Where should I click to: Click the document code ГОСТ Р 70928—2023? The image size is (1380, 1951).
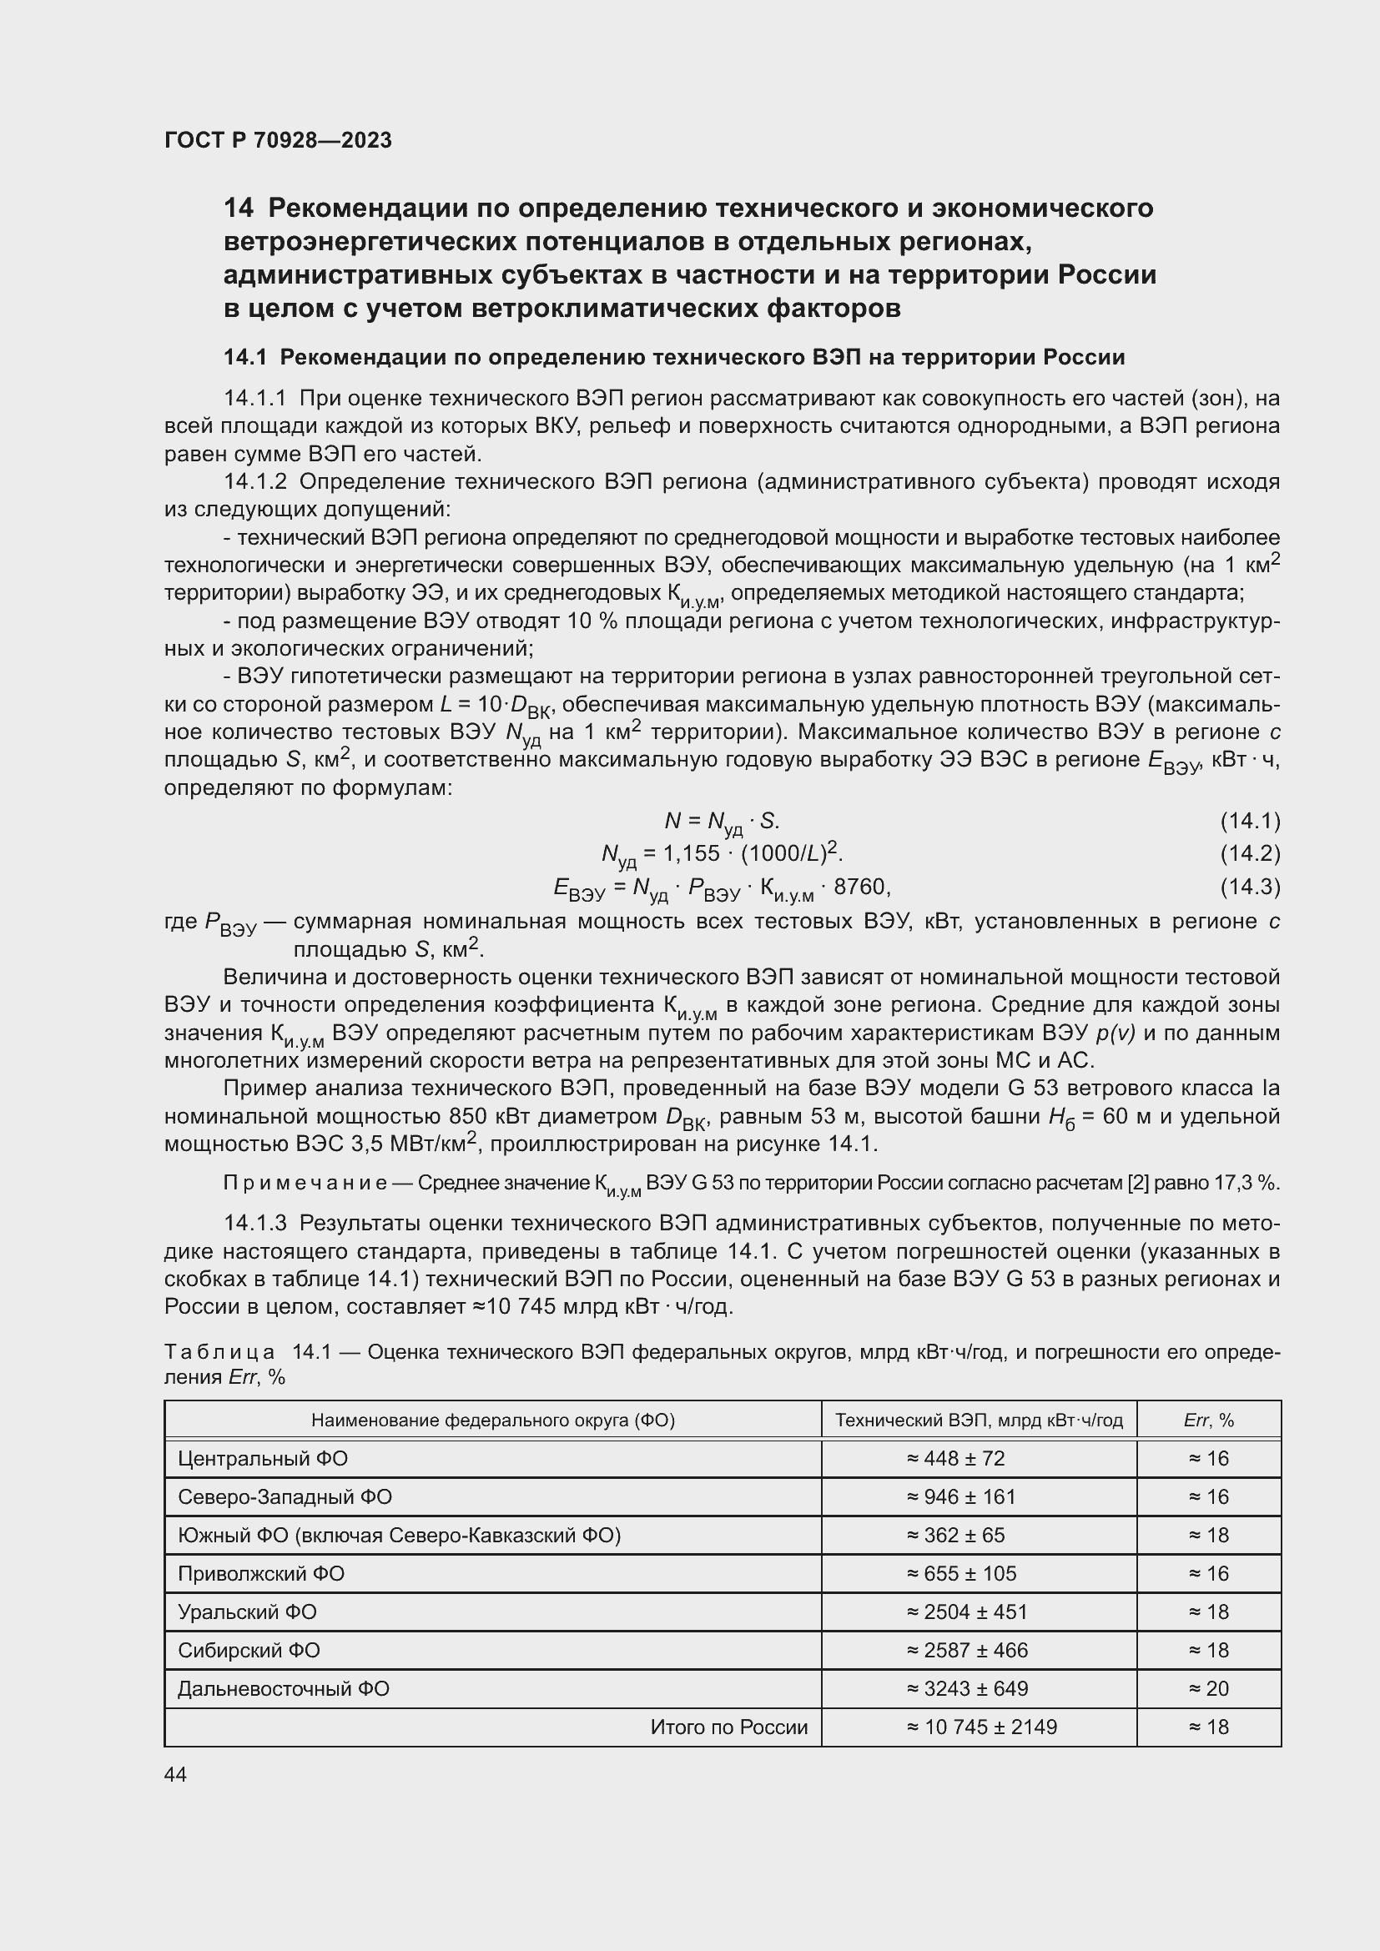click(278, 140)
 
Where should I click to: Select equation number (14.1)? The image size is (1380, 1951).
click(1250, 821)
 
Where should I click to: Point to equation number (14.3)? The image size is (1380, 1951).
click(1250, 888)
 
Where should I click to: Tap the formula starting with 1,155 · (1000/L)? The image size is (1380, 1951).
click(723, 853)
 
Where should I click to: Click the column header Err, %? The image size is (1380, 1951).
click(1208, 1420)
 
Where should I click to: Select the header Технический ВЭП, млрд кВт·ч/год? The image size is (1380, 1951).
click(979, 1420)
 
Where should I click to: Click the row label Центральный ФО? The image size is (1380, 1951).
click(263, 1459)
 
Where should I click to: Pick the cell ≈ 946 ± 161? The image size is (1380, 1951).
click(961, 1497)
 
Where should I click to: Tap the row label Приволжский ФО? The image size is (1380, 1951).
click(261, 1574)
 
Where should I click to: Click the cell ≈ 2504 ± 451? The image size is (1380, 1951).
click(967, 1612)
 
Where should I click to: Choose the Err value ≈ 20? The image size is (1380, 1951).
click(1208, 1688)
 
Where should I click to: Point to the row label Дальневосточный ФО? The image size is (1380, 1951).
click(283, 1688)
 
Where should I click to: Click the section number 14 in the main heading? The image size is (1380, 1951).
click(239, 209)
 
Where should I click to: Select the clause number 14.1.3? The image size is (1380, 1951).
click(255, 1224)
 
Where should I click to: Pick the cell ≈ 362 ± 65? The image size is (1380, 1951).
click(955, 1536)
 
